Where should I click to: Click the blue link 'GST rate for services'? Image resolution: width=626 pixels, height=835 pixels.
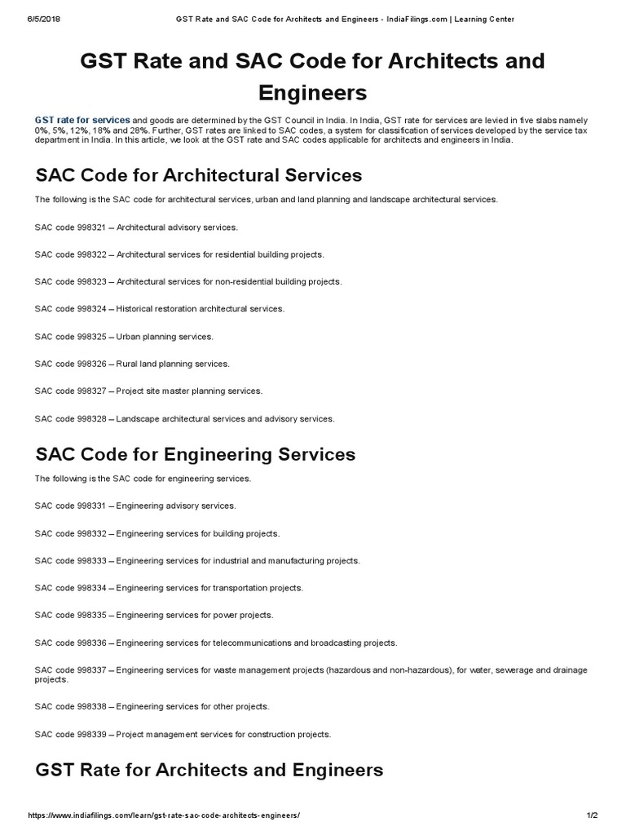pos(82,121)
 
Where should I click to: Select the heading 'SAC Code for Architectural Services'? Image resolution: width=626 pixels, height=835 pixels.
pos(198,175)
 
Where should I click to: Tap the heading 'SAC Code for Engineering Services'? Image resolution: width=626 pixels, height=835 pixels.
pos(195,454)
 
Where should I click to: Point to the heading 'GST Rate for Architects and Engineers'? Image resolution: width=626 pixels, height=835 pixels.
pos(209,770)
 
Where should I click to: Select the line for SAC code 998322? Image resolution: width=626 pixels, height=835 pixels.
pos(179,254)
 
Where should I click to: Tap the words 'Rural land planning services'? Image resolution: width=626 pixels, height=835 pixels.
pos(173,364)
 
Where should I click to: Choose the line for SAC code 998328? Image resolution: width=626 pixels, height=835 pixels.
pos(184,419)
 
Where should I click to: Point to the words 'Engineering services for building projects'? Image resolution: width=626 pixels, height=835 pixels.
pos(198,533)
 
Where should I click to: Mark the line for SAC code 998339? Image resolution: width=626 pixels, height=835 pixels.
pos(183,734)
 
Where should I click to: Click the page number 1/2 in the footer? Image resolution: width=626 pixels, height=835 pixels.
pos(593,816)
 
